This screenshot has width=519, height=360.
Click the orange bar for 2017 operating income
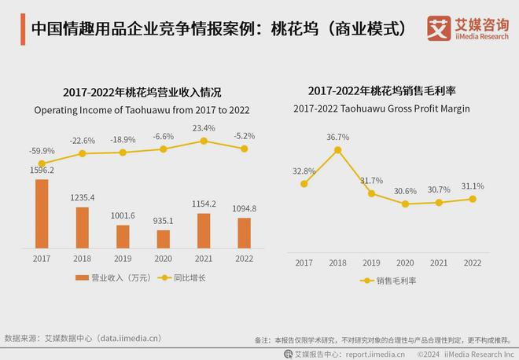coord(42,214)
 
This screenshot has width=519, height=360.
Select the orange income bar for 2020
coord(164,239)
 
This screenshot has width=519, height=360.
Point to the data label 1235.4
coord(83,198)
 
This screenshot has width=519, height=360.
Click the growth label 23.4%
coord(204,127)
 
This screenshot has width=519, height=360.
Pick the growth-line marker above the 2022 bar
coord(245,149)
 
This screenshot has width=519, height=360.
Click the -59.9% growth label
coord(41,150)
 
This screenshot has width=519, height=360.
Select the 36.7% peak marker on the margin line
coord(338,149)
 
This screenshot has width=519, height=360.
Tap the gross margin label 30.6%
coord(405,190)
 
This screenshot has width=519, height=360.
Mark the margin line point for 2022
coord(473,199)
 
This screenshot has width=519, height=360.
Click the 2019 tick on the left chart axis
coord(123,259)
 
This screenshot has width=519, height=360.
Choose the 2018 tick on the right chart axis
coord(338,263)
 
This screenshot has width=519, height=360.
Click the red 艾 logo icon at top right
coord(438,28)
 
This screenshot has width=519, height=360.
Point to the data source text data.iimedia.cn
coord(129,339)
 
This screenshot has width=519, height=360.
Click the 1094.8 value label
coord(245,208)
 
